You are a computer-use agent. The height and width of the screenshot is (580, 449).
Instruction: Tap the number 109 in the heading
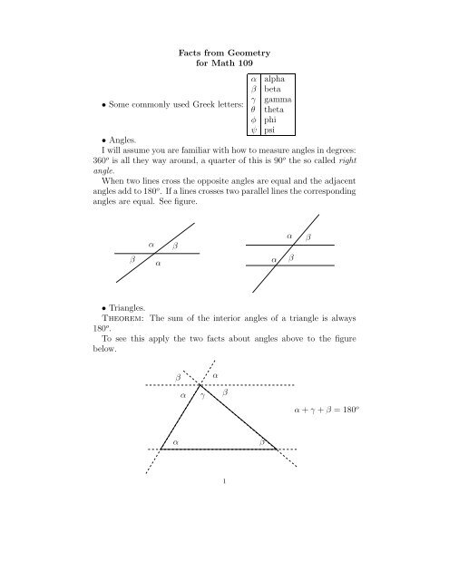tap(259, 68)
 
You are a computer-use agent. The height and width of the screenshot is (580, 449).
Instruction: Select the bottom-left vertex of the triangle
tap(161, 449)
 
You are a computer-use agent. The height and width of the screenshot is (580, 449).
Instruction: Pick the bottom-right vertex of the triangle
tap(276, 449)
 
